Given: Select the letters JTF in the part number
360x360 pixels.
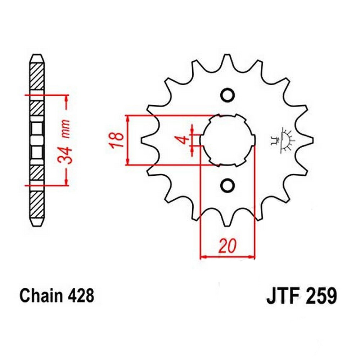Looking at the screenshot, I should [x=282, y=296].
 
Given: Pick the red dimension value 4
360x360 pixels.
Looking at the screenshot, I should [x=184, y=139].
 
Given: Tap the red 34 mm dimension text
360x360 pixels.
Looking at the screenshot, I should [x=66, y=140].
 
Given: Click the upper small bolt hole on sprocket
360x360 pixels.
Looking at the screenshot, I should [x=227, y=95].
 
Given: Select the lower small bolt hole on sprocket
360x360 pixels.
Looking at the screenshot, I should [x=227, y=185].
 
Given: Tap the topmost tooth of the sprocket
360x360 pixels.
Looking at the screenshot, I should [x=227, y=60].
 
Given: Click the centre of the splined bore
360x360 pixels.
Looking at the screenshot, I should [x=227, y=140].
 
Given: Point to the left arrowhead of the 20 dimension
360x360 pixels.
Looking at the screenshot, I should [x=203, y=257].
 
